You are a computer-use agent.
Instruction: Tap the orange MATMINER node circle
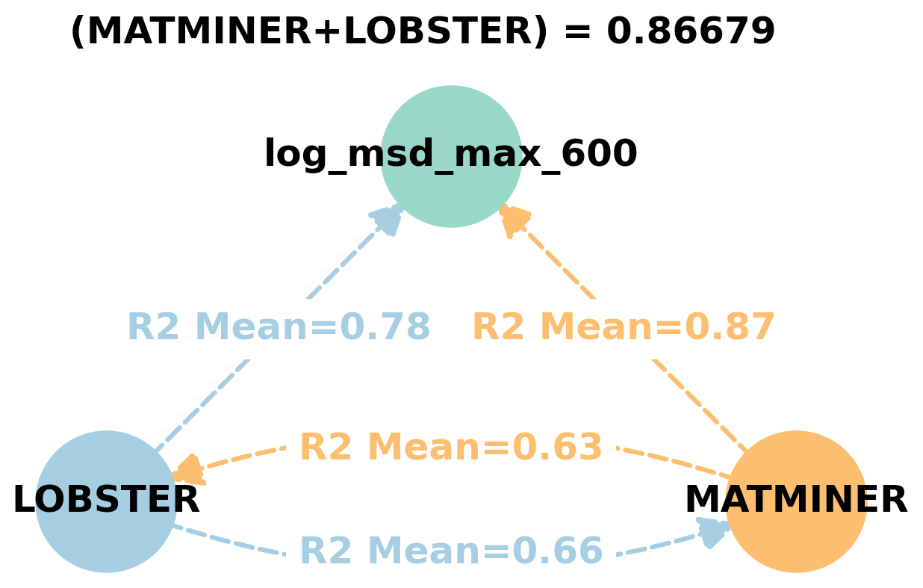pos(796,538)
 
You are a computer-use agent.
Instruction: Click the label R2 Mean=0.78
pos(279,328)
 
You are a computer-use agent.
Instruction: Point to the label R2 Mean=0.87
pos(624,328)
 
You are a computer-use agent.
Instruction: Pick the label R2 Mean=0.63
pos(450,448)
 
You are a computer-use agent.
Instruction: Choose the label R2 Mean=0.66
pos(450,551)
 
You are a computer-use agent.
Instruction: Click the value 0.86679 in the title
pos(691,32)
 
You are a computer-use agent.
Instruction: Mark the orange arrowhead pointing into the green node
pos(514,220)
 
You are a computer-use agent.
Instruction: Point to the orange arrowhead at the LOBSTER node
pos(187,471)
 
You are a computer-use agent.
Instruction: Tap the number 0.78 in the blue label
pos(385,328)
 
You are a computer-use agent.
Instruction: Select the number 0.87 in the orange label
pos(730,328)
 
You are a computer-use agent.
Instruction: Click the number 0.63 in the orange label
pos(556,448)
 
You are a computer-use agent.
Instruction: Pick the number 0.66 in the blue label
pos(556,551)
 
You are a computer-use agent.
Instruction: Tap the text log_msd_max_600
pos(450,155)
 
